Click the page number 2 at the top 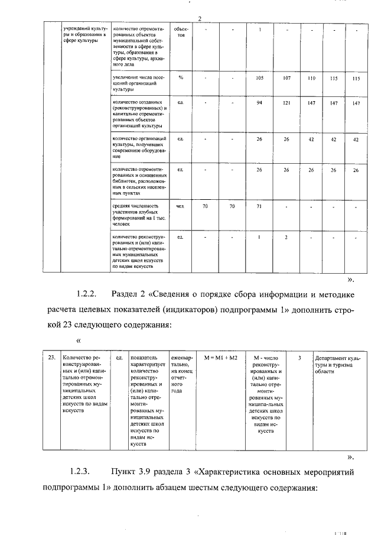pyautogui.click(x=200, y=20)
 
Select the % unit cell pyautogui.click(x=181, y=78)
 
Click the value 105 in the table pyautogui.click(x=259, y=78)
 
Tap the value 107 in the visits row pyautogui.click(x=286, y=78)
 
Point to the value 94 pyautogui.click(x=259, y=103)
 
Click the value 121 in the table pyautogui.click(x=286, y=103)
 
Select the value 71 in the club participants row pyautogui.click(x=259, y=206)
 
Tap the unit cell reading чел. pyautogui.click(x=181, y=206)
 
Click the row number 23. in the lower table pyautogui.click(x=52, y=358)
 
